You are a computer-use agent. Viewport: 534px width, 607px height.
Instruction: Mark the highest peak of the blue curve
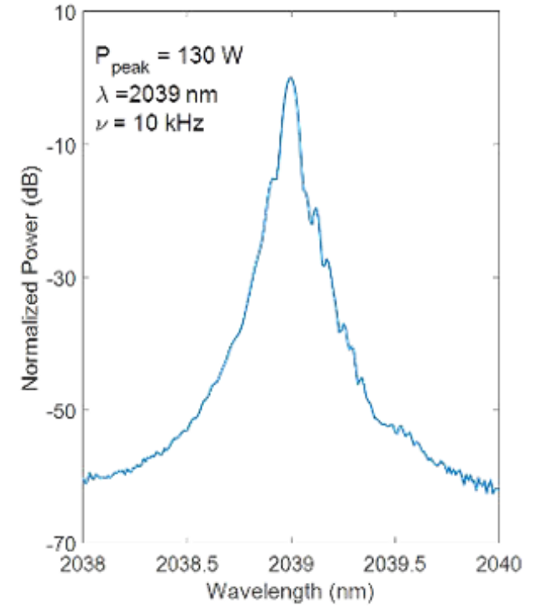click(290, 78)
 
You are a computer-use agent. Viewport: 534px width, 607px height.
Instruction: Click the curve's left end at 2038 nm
click(85, 480)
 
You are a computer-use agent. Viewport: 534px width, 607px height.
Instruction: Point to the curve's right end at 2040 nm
click(497, 490)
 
